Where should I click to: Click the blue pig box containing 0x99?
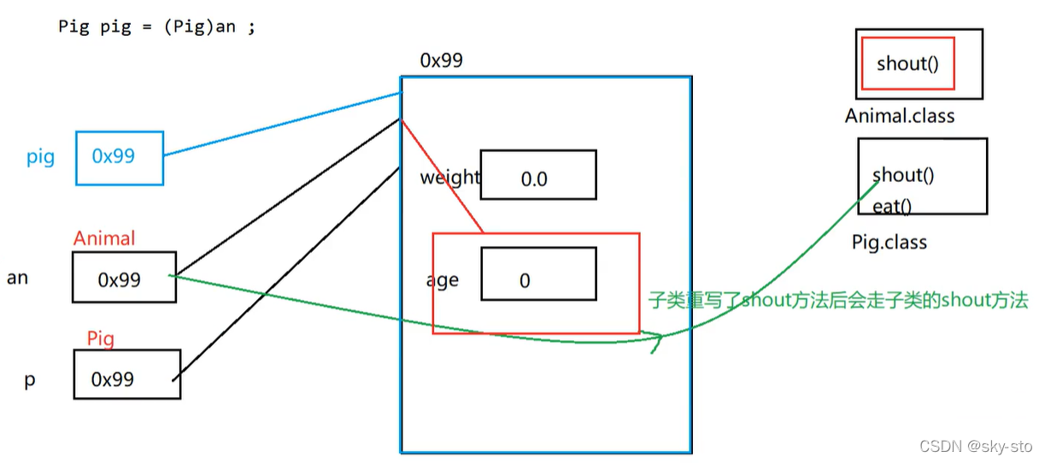click(119, 157)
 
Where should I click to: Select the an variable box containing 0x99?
click(124, 278)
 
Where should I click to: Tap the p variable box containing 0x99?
click(126, 374)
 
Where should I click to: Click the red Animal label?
click(104, 238)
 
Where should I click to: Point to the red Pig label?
click(100, 339)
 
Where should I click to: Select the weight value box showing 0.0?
click(537, 176)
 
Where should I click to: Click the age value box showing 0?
click(537, 274)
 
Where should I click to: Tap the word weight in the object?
click(449, 178)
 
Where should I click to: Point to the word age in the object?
click(443, 280)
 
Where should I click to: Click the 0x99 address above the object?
click(442, 61)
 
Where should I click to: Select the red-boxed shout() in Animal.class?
click(907, 63)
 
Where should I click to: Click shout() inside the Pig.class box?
click(903, 175)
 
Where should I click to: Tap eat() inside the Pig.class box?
click(892, 206)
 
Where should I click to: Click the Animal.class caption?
click(900, 116)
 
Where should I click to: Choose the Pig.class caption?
click(889, 243)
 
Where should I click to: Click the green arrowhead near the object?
click(658, 341)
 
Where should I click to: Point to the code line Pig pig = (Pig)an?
click(156, 26)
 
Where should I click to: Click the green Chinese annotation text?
click(838, 300)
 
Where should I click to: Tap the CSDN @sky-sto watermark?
click(976, 446)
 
